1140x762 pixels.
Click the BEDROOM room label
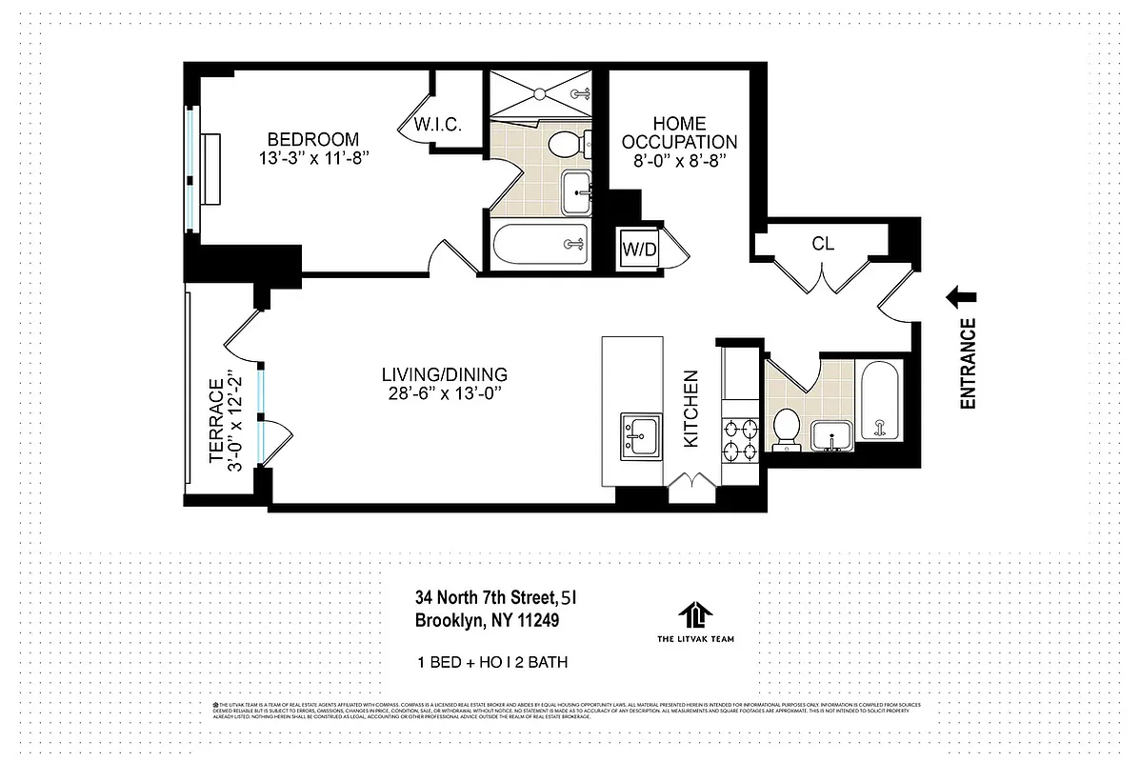(x=312, y=138)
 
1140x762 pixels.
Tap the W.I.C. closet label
(x=437, y=126)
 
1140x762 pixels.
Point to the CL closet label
(x=823, y=244)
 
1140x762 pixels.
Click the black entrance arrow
(x=960, y=299)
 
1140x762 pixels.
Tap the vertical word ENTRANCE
(x=969, y=364)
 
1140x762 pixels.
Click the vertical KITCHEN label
(x=692, y=410)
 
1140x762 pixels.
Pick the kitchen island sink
(x=638, y=436)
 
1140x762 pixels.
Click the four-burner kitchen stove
(x=740, y=438)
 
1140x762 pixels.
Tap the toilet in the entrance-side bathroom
(x=788, y=426)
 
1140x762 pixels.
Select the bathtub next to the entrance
(x=879, y=400)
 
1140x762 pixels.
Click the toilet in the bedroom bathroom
(x=565, y=145)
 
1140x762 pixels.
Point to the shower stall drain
(x=539, y=93)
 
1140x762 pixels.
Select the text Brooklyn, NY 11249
(x=487, y=620)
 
